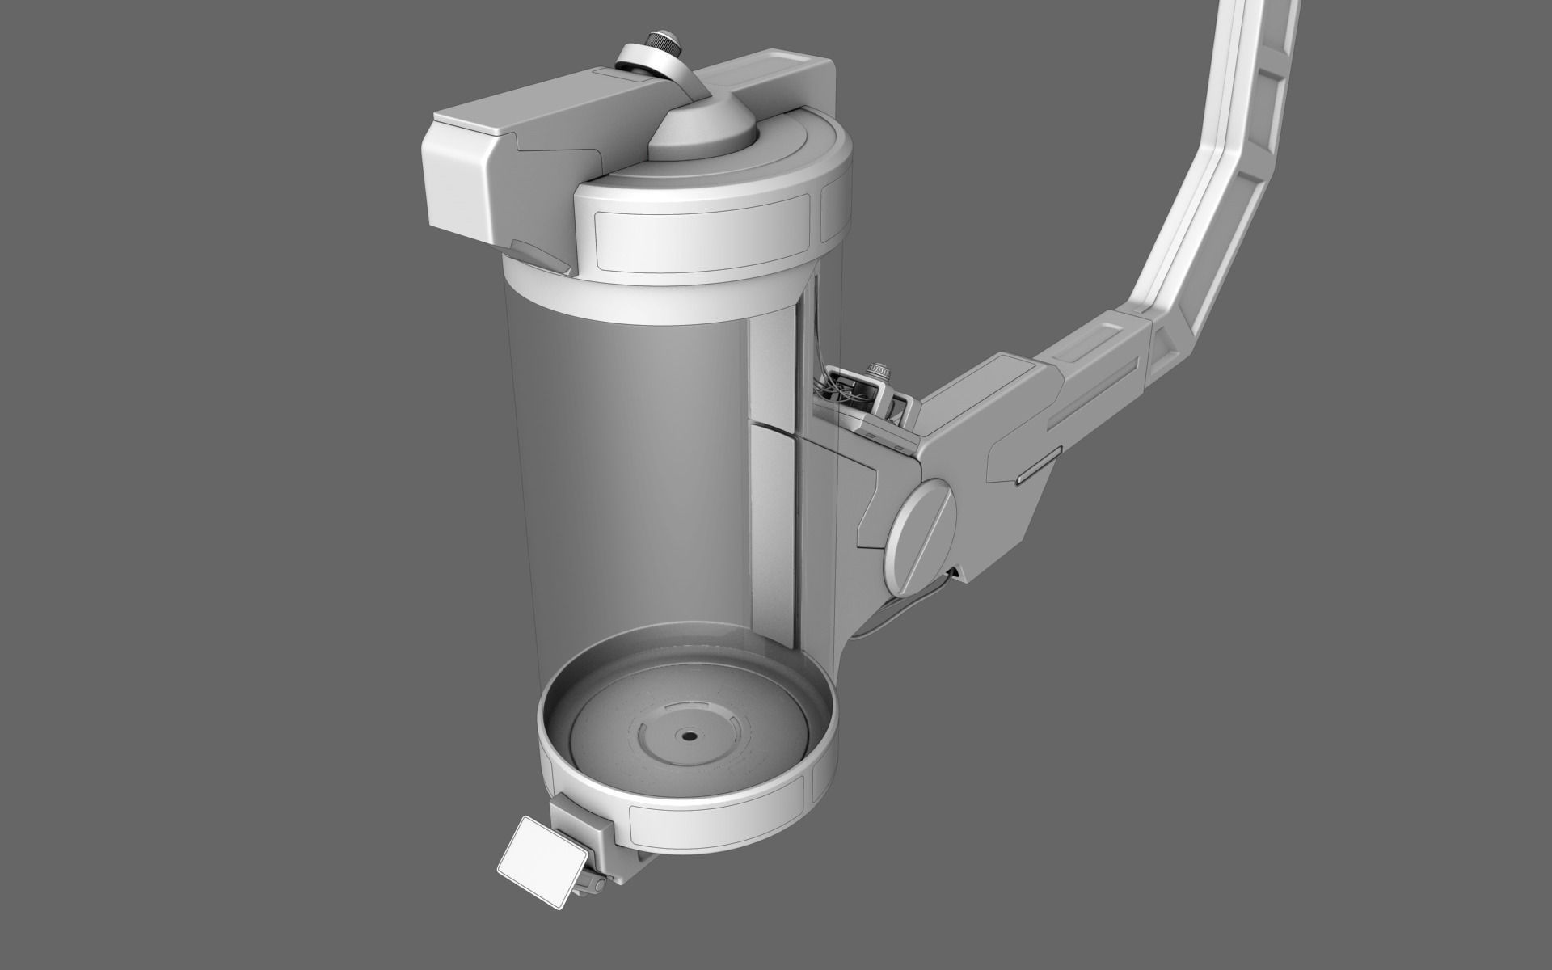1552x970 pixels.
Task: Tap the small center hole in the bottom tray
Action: tap(689, 736)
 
